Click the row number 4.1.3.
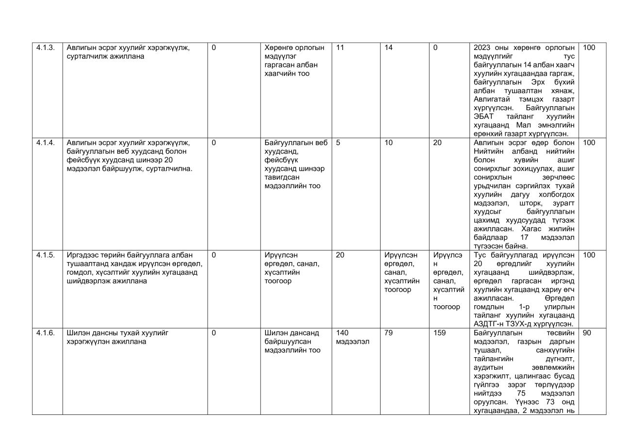pyautogui.click(x=46, y=48)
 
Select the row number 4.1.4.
pyautogui.click(x=46, y=143)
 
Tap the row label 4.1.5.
pyautogui.click(x=46, y=255)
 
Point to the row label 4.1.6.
pyautogui.click(x=46, y=333)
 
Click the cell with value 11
pyautogui.click(x=340, y=48)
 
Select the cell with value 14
pyautogui.click(x=388, y=48)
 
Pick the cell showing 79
pyautogui.click(x=388, y=333)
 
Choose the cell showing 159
pyautogui.click(x=439, y=333)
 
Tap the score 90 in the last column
pyautogui.click(x=586, y=333)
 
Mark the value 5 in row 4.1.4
pyautogui.click(x=338, y=143)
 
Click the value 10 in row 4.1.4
pyautogui.click(x=388, y=143)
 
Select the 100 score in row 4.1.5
pyautogui.click(x=588, y=255)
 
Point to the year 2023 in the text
pyautogui.click(x=482, y=48)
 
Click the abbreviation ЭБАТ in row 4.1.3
pyautogui.click(x=483, y=116)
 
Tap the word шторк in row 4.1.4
pyautogui.click(x=529, y=203)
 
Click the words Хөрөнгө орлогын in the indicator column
pyautogui.click(x=294, y=48)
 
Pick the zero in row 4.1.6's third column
pyautogui.click(x=214, y=333)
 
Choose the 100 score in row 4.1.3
pyautogui.click(x=588, y=48)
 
